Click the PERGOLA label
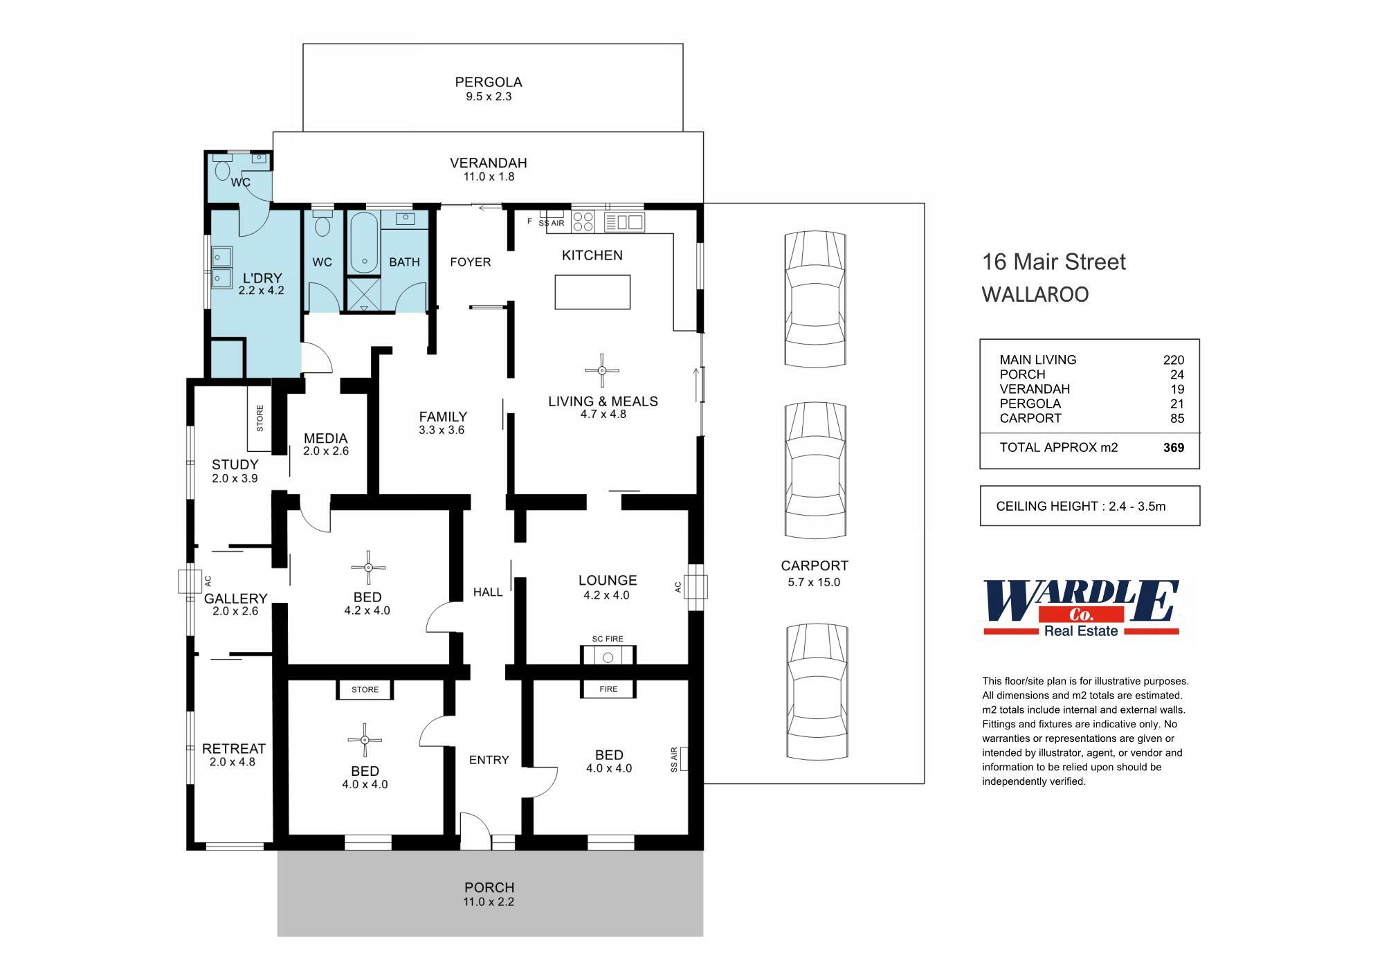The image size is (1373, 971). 489,82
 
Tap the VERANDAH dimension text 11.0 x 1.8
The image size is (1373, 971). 489,177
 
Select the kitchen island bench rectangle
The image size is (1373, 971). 592,292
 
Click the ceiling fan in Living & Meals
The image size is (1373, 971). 602,370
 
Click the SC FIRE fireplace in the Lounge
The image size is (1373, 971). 608,655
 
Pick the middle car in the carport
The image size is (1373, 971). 816,471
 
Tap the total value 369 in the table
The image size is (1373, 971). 1174,448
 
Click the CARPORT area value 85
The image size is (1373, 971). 1177,419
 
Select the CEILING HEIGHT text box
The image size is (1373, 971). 1089,506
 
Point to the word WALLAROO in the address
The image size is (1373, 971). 1035,295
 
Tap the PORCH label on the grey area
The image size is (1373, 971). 489,887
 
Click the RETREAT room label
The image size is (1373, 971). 234,749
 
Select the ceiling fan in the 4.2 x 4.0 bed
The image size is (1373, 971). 368,568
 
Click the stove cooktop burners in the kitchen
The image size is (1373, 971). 583,221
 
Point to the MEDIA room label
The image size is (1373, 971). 325,438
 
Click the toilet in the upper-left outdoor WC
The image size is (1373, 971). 223,170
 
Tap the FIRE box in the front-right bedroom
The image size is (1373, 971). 608,689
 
